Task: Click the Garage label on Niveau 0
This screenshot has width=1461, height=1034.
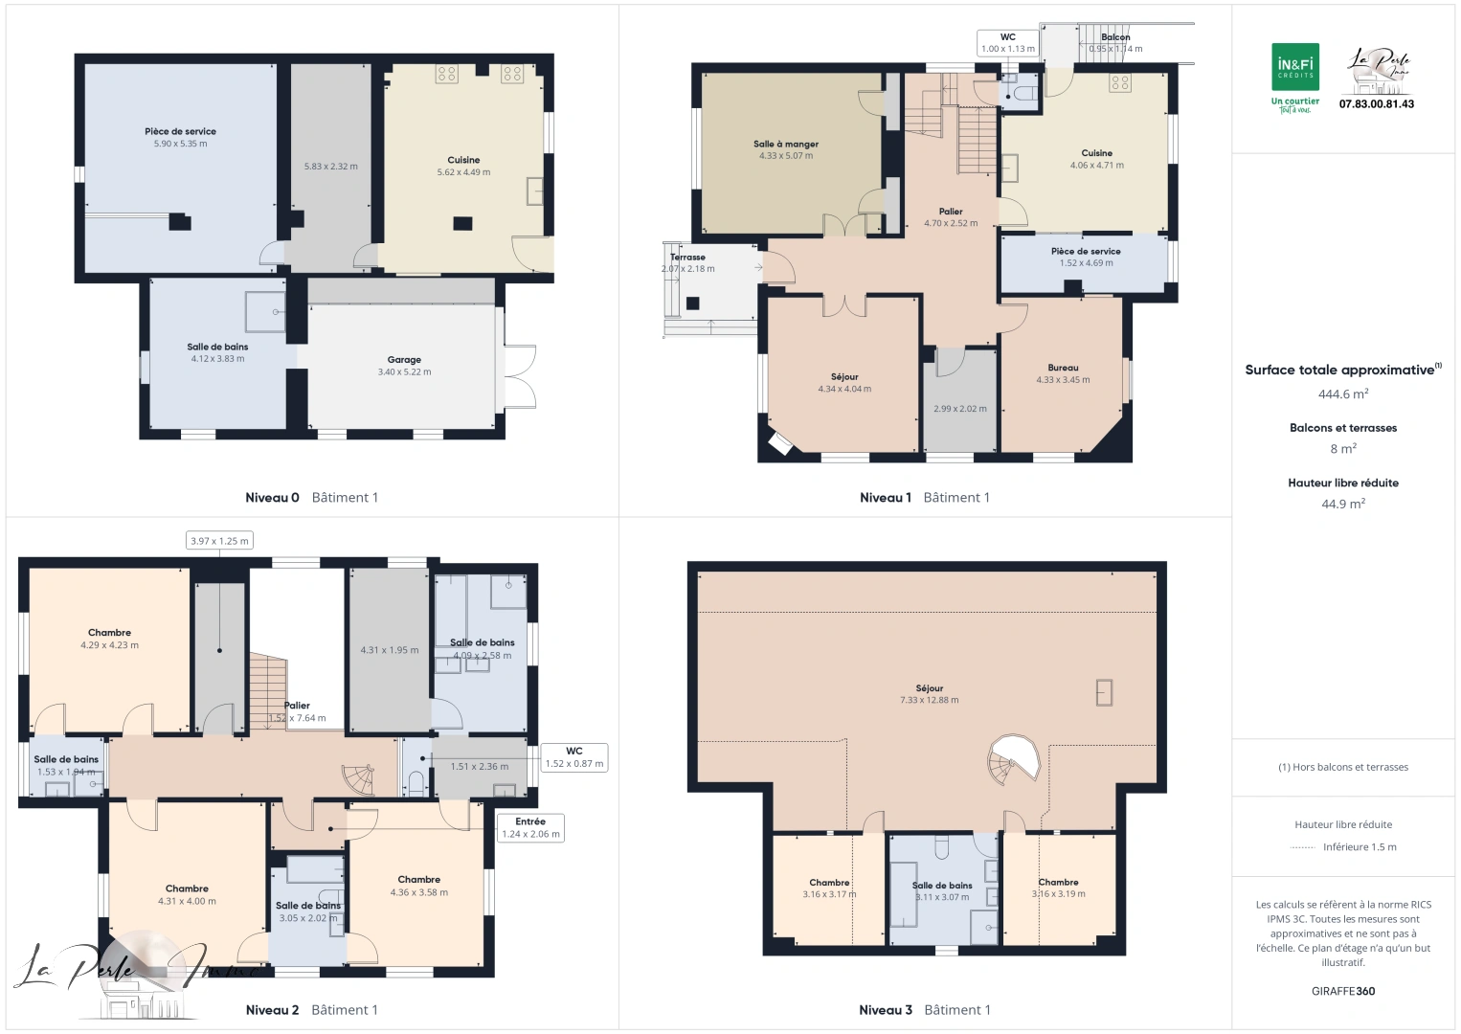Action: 404,360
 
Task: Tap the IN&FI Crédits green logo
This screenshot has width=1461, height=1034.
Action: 1294,68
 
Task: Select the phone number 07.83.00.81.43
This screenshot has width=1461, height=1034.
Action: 1376,104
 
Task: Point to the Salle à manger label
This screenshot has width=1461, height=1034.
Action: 785,145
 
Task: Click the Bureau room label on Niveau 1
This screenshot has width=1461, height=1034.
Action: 1063,368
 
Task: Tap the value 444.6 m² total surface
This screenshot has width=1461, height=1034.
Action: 1342,394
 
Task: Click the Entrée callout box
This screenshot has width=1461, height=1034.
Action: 530,828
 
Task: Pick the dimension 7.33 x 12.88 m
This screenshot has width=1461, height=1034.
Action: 929,700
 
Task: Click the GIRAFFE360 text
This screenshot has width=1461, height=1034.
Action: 1342,991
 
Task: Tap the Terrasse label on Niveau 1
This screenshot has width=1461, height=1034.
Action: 687,258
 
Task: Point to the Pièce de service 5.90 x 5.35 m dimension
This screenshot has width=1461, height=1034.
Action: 180,144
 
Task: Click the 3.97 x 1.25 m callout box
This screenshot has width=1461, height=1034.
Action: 219,541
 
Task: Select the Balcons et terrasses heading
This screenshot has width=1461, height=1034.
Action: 1342,428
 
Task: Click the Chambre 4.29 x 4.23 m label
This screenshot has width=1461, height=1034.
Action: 109,633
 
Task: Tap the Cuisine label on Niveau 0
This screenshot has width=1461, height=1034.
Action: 463,160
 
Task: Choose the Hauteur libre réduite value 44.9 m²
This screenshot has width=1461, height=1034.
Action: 1342,504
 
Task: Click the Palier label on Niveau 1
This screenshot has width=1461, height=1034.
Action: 950,212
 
